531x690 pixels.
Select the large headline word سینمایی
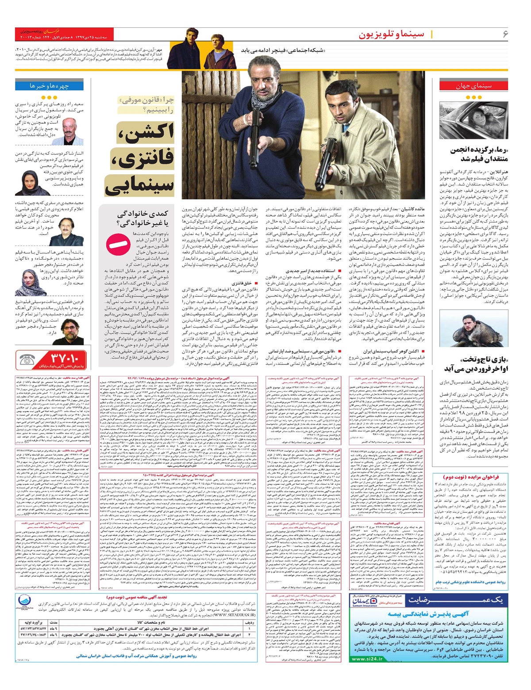point(139,184)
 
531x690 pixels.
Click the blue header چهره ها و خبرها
point(49,85)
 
